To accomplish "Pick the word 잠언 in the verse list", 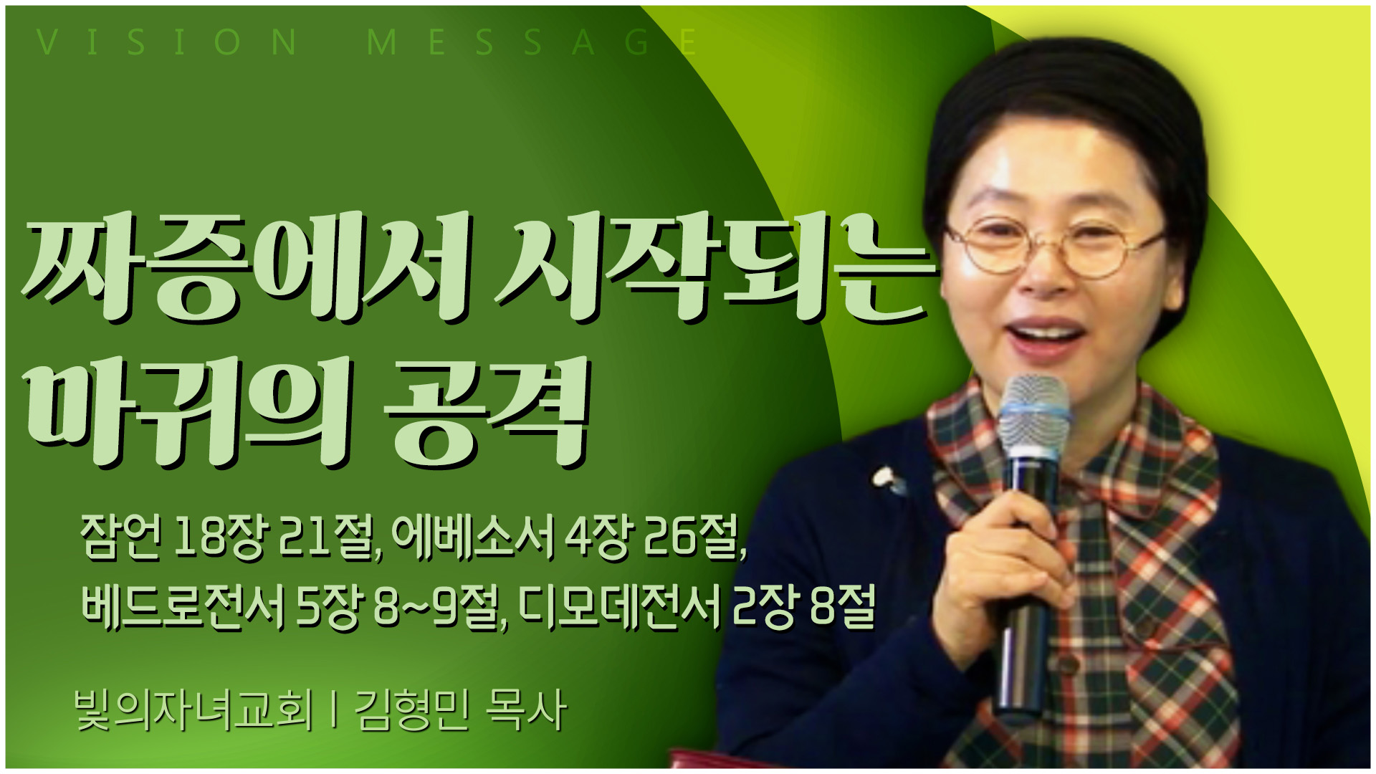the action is (x=122, y=536).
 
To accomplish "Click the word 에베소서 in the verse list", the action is (x=474, y=536).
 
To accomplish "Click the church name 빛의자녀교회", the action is (x=194, y=710).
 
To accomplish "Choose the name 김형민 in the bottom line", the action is (x=413, y=710).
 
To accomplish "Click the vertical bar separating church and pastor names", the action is (x=334, y=710).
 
